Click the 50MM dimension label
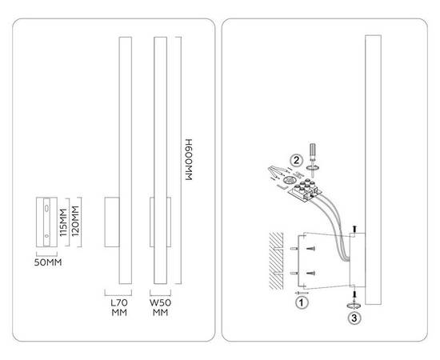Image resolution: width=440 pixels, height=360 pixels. tap(48, 262)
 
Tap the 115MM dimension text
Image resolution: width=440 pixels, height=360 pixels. tap(64, 222)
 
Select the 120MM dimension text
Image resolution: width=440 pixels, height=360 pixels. tap(75, 221)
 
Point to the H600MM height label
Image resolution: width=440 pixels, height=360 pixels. tap(189, 159)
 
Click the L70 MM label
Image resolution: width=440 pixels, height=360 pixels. tap(119, 307)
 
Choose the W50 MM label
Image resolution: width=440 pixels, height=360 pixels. tap(160, 307)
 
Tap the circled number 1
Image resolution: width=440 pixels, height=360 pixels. tap(302, 302)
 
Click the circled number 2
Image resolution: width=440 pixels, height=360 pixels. tap(296, 161)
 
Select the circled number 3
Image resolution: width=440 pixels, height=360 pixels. tap(354, 318)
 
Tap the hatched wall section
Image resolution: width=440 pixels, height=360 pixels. tap(276, 261)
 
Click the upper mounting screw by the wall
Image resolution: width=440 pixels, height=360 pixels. tap(310, 248)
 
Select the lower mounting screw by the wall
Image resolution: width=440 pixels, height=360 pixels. tap(310, 273)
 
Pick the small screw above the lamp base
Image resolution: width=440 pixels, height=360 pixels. tap(354, 229)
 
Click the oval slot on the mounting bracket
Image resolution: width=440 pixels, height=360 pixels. tap(46, 208)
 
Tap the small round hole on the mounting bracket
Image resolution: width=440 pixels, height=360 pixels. tap(46, 236)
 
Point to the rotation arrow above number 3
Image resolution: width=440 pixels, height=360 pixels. tap(354, 306)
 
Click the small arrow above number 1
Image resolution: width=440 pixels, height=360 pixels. tap(302, 293)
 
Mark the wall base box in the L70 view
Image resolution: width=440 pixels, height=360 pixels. tap(112, 222)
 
